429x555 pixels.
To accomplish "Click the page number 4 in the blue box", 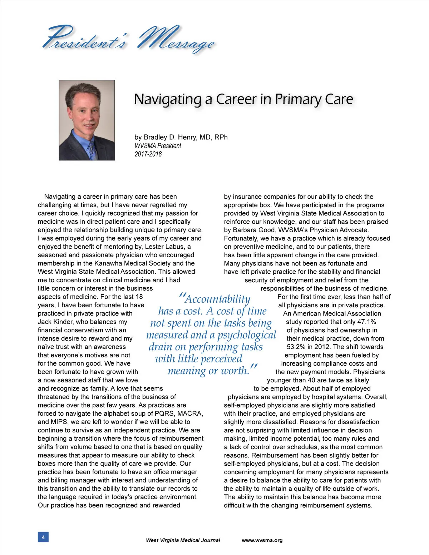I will (x=43, y=537).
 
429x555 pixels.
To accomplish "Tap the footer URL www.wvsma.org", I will (x=262, y=540).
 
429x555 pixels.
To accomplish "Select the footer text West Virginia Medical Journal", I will (x=183, y=540).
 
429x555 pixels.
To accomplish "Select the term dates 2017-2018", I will (x=148, y=154).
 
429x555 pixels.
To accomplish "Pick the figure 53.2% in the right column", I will (x=298, y=347).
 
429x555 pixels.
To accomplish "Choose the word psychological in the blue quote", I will (x=247, y=335).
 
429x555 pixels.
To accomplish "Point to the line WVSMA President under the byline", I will (x=158, y=146).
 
